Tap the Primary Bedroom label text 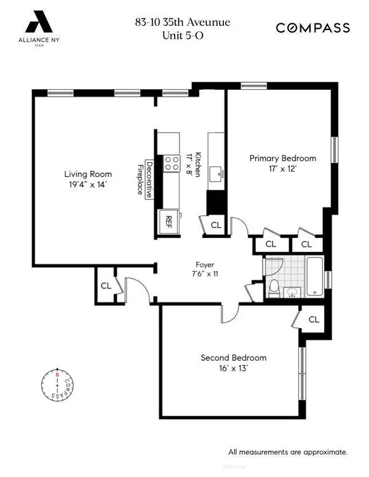click(x=282, y=158)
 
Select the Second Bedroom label click(x=233, y=358)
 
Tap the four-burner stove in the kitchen click(x=170, y=163)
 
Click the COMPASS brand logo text click(x=312, y=28)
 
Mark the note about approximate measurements click(x=288, y=452)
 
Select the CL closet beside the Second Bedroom click(x=314, y=320)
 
